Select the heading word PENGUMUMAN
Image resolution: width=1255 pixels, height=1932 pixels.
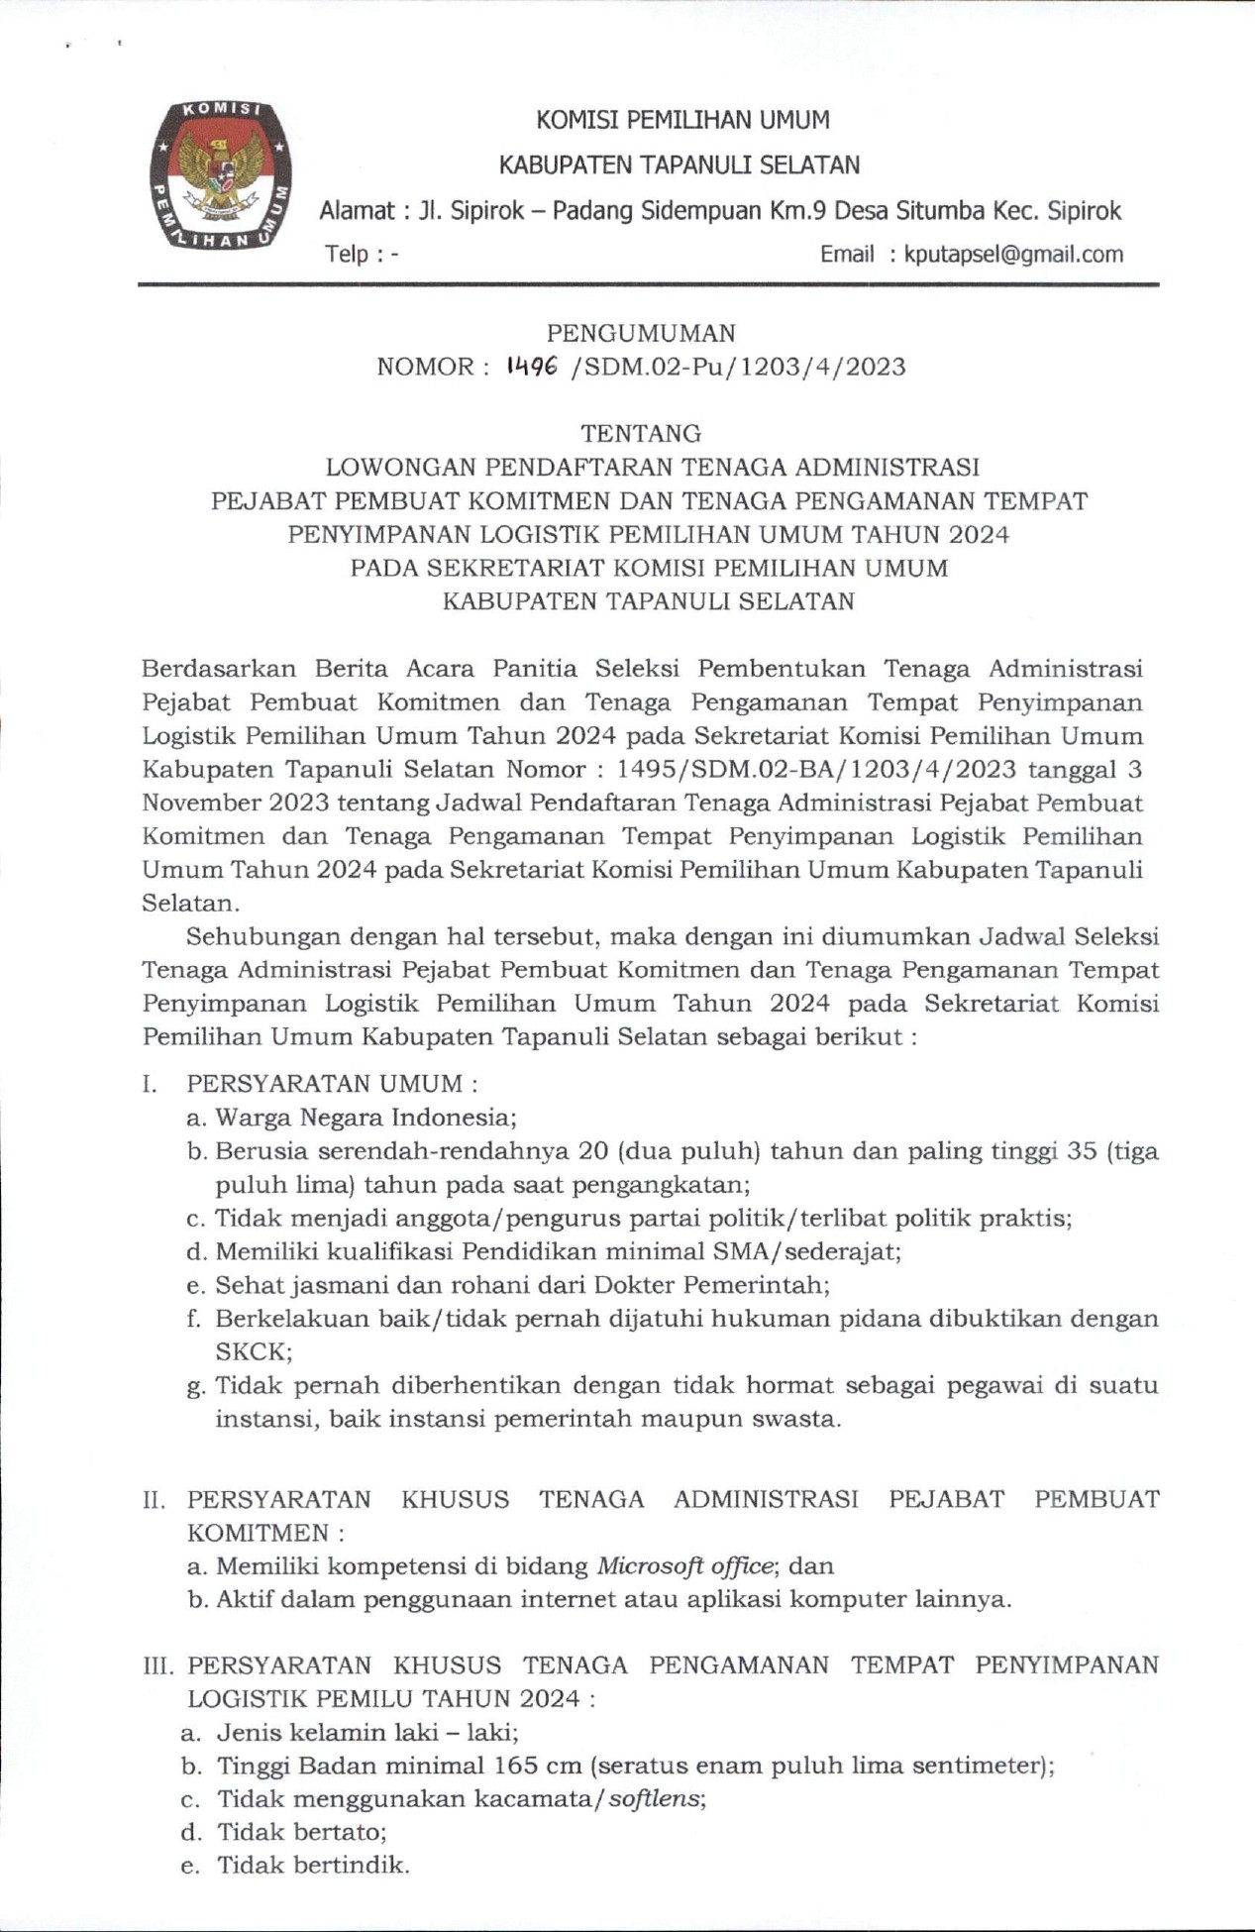click(x=641, y=333)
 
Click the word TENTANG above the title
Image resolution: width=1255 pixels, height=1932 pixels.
click(x=641, y=433)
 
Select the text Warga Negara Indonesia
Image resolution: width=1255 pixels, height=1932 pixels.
click(x=365, y=1118)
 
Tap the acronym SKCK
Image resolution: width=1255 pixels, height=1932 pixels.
click(x=253, y=1351)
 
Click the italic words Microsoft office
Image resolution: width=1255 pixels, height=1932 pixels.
click(x=684, y=1566)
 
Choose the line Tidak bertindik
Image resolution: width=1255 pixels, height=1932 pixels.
click(x=312, y=1866)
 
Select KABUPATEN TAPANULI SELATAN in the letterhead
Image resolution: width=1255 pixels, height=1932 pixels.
click(x=679, y=165)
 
